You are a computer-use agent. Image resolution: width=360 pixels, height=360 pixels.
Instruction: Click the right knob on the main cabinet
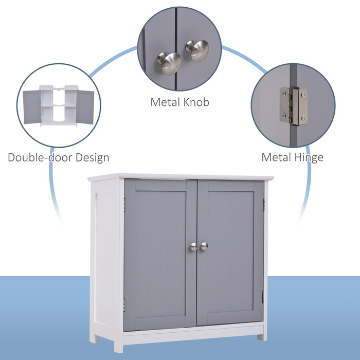204,246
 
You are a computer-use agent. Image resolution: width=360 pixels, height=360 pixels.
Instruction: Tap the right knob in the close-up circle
197,50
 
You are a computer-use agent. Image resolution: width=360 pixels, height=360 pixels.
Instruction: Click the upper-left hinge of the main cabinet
124,205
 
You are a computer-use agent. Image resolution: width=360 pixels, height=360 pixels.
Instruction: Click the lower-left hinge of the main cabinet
124,304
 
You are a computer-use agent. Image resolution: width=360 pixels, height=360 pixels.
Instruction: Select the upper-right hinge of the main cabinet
263,204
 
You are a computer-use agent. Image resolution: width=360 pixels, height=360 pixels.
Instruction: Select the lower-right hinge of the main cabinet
262,297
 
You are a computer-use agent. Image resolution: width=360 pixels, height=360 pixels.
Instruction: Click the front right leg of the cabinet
262,336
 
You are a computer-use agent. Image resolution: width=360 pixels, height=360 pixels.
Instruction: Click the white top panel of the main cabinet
180,176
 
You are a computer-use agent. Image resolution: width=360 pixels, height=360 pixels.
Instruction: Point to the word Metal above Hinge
277,157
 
